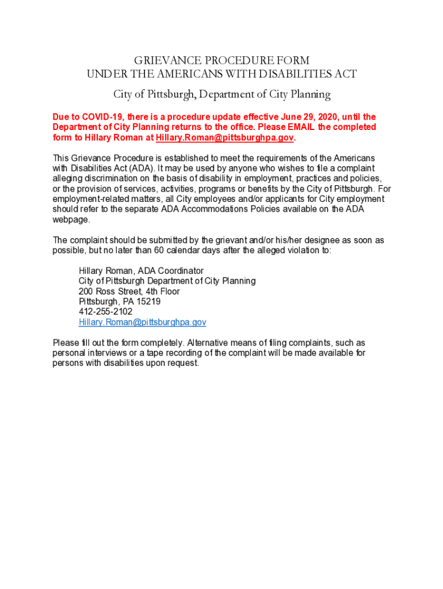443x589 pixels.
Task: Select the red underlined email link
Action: pos(225,138)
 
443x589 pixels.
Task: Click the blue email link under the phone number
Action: pos(142,322)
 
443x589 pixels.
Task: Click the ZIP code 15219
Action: pos(148,301)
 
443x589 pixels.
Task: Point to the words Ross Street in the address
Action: pos(117,291)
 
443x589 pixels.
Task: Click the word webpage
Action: pos(71,220)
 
